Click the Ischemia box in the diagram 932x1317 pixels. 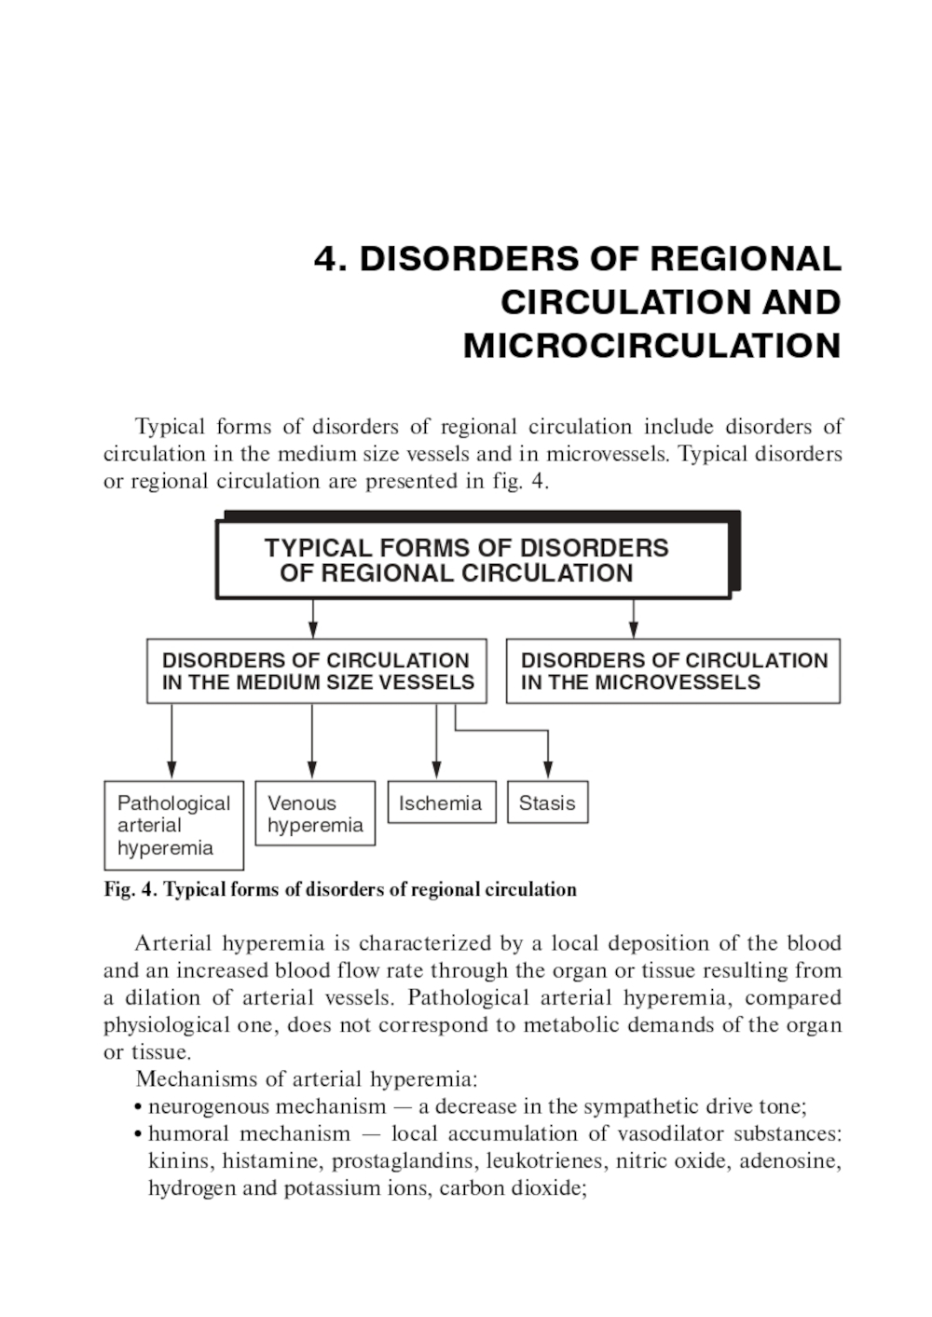tap(441, 803)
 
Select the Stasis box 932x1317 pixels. tap(547, 803)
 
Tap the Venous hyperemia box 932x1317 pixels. tap(315, 814)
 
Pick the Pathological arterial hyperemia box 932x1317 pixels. tap(173, 825)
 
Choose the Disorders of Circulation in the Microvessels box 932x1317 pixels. tap(673, 671)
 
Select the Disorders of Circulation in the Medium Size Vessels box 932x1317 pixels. tap(317, 671)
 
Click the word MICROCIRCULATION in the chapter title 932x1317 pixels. tap(651, 346)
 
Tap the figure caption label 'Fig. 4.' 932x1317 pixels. tap(130, 889)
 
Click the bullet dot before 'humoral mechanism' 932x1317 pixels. tap(138, 1135)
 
